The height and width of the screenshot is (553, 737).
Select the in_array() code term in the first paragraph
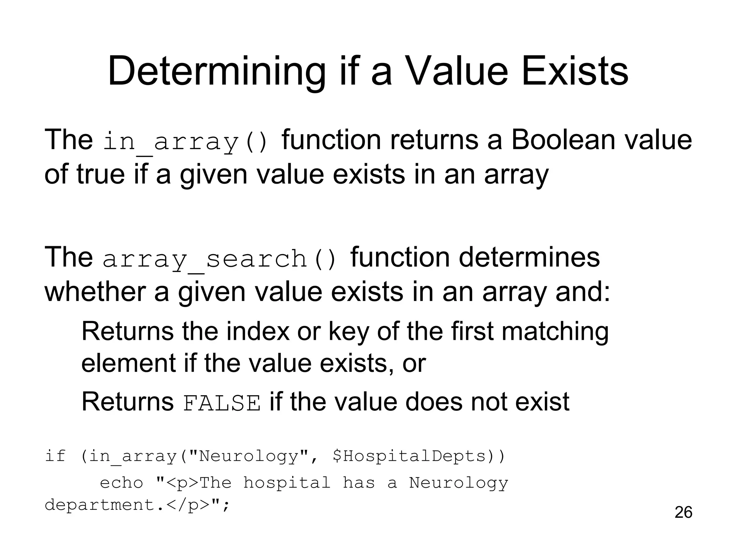186,141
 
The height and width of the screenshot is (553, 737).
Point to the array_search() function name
220,259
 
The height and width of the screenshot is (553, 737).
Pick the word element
128,363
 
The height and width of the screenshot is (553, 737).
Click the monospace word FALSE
222,403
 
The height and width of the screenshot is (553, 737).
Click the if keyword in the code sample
55,456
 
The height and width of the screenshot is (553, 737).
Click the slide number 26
683,512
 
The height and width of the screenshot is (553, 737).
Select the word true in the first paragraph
100,174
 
